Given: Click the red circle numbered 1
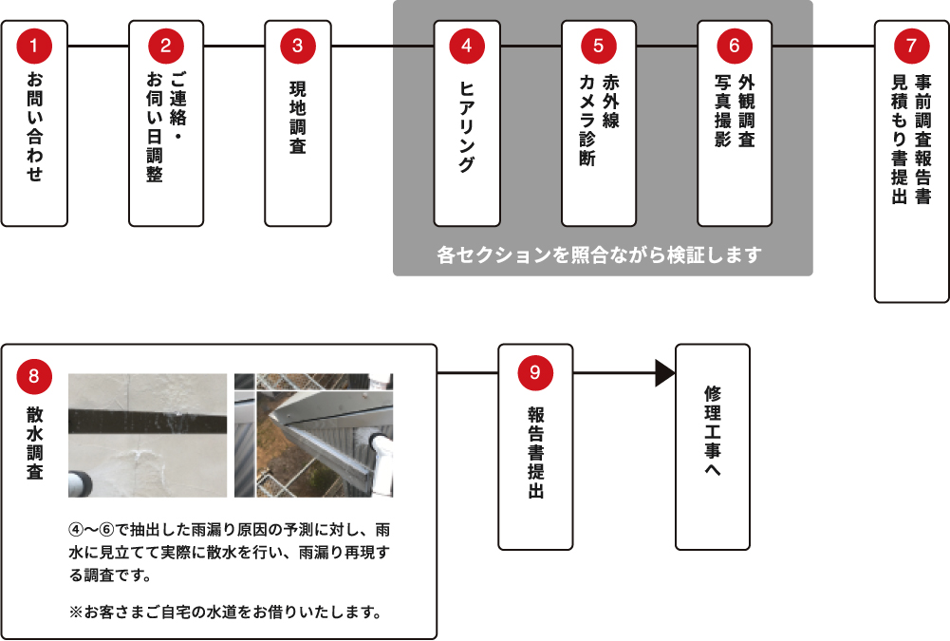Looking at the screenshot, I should [34, 45].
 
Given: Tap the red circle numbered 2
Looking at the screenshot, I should [166, 45].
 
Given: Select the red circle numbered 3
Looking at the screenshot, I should [298, 45].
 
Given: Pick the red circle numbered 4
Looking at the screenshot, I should [466, 45].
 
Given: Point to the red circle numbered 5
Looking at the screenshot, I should [598, 45].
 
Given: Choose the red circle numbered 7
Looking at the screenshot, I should [911, 45].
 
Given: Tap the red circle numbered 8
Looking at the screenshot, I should [34, 376].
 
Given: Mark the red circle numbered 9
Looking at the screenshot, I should [535, 373].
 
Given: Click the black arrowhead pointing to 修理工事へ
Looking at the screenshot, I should [664, 373].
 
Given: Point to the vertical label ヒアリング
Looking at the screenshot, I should [466, 125].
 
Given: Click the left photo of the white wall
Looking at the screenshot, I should [147, 435].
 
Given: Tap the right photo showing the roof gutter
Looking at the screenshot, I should [313, 435].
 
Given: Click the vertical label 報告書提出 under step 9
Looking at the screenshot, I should [535, 454].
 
